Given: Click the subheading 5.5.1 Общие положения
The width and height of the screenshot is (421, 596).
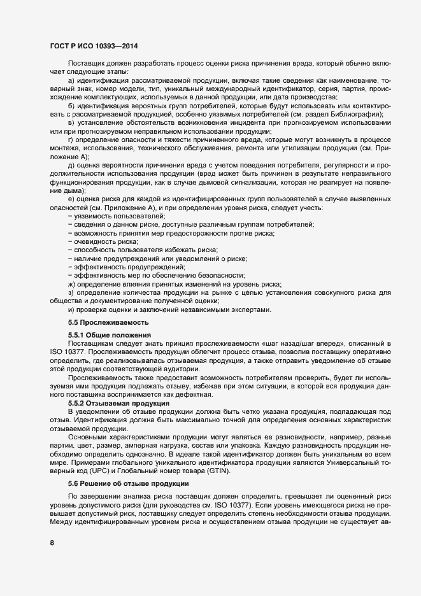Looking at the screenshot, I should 109,335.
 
